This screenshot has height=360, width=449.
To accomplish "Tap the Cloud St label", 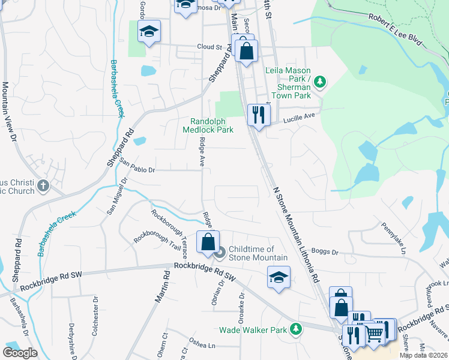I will (209, 47).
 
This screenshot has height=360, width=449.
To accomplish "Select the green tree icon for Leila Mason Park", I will (320, 81).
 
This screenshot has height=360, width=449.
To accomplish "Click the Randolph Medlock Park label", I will (208, 125).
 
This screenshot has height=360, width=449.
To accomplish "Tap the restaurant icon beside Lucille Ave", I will (258, 115).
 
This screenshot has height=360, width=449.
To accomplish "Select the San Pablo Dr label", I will (137, 166).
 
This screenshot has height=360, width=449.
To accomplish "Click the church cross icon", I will (43, 185).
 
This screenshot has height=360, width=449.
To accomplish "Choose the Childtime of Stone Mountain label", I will (252, 253).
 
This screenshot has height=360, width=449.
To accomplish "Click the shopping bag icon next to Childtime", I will (208, 242).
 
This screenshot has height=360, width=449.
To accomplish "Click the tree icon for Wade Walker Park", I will (295, 328).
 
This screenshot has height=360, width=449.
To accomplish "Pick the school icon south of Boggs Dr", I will (278, 277).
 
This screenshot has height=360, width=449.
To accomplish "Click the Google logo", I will (20, 353).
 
